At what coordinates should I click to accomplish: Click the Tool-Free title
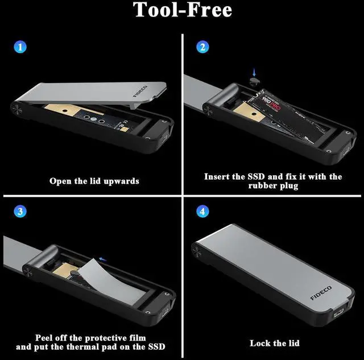click(x=183, y=11)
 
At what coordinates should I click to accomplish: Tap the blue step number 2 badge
click(x=202, y=47)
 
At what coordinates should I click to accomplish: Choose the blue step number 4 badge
click(x=202, y=212)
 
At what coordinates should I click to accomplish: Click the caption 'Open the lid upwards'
click(x=94, y=181)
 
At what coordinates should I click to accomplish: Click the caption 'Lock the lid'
click(x=275, y=343)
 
